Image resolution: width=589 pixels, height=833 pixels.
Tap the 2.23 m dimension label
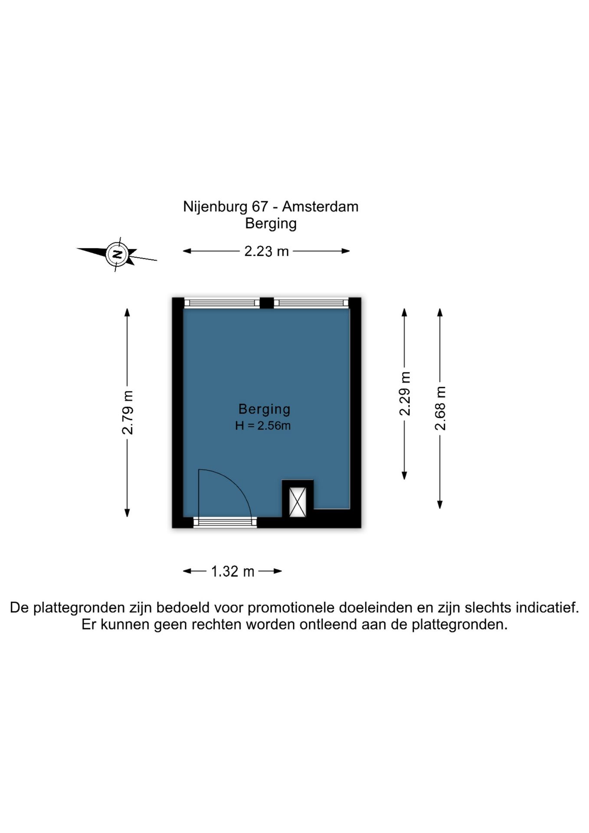pos(266,251)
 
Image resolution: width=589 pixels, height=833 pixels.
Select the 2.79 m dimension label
pos(128,412)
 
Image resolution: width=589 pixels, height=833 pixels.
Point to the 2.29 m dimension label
pos(405,394)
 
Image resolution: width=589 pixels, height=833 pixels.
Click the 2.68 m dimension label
pos(440,408)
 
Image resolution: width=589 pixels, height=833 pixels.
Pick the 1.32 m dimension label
pos(232,571)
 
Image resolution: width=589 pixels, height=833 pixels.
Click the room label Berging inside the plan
pos(264,409)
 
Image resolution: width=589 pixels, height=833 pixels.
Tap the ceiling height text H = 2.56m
pos(263,426)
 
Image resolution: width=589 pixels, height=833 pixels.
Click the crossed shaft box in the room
pos(298,502)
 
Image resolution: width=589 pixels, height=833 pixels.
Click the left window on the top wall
pos(222,303)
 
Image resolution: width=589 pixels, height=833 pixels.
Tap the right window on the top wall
pos(311,303)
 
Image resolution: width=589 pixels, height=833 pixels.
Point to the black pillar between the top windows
pos(267,303)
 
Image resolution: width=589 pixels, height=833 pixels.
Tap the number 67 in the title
pos(260,207)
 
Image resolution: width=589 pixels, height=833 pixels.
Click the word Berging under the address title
pos(271,224)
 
